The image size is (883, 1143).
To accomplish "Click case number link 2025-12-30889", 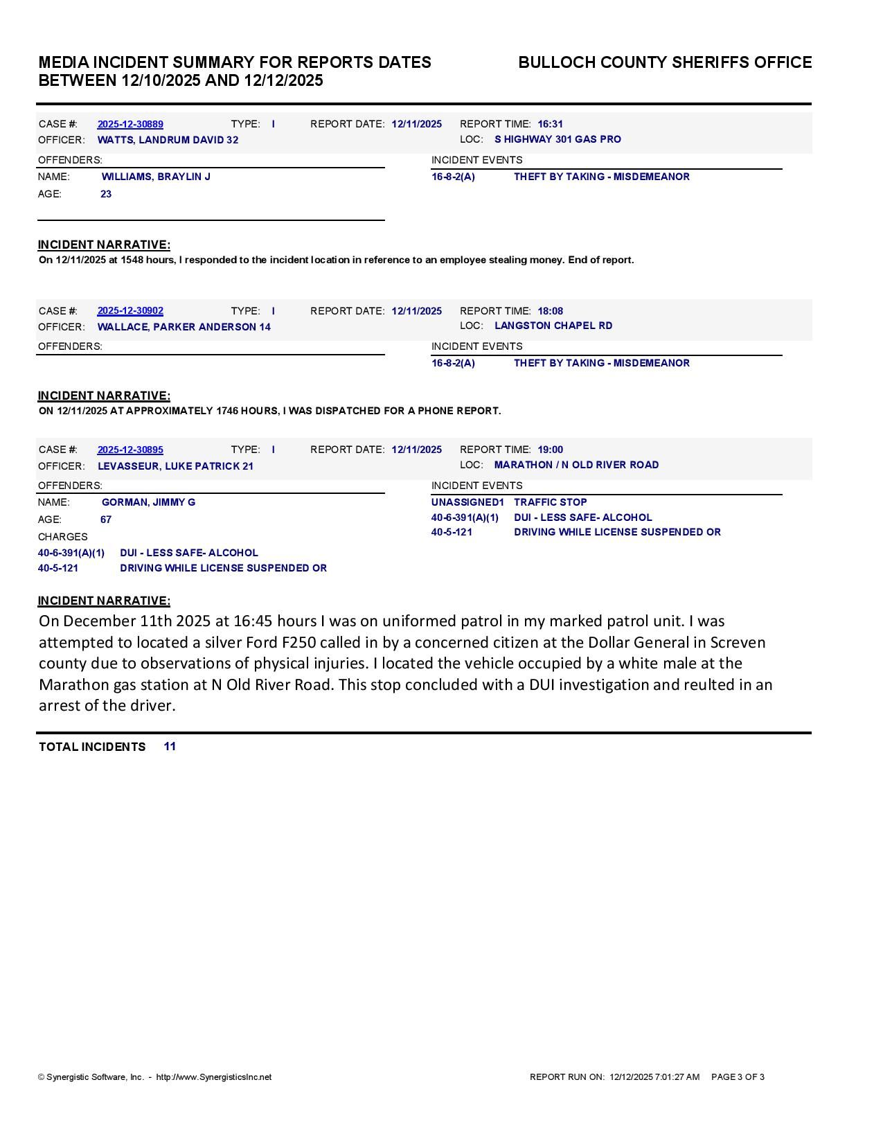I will pyautogui.click(x=130, y=125).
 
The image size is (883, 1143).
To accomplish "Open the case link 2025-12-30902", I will pyautogui.click(x=130, y=311).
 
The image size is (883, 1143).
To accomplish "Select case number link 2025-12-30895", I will pyautogui.click(x=130, y=450).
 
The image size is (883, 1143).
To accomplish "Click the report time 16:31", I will pyautogui.click(x=550, y=125).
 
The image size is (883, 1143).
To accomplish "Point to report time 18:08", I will pyautogui.click(x=550, y=311).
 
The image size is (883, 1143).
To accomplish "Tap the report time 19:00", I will pyautogui.click(x=550, y=450).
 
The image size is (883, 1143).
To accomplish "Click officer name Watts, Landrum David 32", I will pyautogui.click(x=168, y=140).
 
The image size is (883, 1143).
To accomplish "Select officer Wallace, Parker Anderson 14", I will pyautogui.click(x=184, y=327).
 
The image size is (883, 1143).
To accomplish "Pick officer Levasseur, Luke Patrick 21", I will pyautogui.click(x=175, y=466).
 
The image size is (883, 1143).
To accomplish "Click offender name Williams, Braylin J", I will pyautogui.click(x=156, y=177).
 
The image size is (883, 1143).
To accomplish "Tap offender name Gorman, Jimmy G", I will pyautogui.click(x=148, y=502).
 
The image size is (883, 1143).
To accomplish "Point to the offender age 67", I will pyautogui.click(x=106, y=520).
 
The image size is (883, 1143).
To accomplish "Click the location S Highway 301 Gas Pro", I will pyautogui.click(x=558, y=139).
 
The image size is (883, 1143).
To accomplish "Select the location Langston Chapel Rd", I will pyautogui.click(x=553, y=326).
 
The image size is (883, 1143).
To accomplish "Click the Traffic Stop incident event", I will pyautogui.click(x=550, y=502).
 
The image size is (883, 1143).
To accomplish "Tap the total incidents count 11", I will pyautogui.click(x=170, y=746).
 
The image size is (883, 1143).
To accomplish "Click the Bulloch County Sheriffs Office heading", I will pyautogui.click(x=665, y=62).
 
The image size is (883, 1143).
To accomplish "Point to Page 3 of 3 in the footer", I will pyautogui.click(x=738, y=1077).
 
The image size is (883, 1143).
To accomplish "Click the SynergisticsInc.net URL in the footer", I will pyautogui.click(x=214, y=1077).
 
